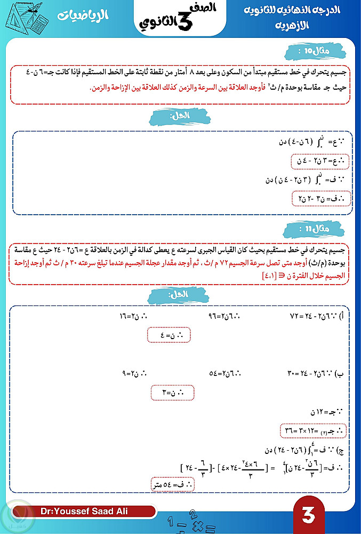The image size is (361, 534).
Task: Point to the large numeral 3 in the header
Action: (184, 20)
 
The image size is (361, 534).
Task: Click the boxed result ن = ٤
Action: (169, 335)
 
